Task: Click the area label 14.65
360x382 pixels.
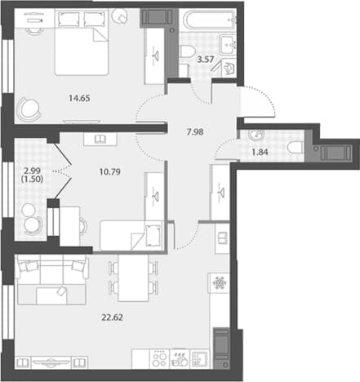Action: pos(79,98)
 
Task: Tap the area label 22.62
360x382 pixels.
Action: pos(112,318)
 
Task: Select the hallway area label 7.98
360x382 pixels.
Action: pos(195,132)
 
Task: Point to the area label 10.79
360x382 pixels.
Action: pos(110,172)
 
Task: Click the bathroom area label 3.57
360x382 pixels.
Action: pos(206,59)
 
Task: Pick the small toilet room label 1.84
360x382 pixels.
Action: pos(260,153)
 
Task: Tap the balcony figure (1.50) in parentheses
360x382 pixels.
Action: pos(32,180)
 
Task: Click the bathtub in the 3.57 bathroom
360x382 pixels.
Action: pos(210,20)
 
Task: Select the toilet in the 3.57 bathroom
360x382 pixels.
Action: pos(187,51)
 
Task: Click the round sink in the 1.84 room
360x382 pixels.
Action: pos(256,135)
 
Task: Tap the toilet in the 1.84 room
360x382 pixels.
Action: pos(296,148)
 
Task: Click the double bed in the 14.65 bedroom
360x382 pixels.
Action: pos(82,42)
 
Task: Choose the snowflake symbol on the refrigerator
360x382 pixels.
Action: pos(220,283)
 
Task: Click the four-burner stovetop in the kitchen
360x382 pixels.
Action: pos(159,359)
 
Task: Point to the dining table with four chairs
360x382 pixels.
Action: pos(134,278)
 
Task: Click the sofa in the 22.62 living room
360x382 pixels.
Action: pos(51,279)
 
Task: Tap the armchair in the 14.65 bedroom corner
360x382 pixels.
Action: pos(29,109)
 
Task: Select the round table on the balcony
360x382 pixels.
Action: pos(29,210)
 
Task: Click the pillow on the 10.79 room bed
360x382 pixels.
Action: pos(153,235)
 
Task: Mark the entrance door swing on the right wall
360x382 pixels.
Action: pos(259,101)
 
